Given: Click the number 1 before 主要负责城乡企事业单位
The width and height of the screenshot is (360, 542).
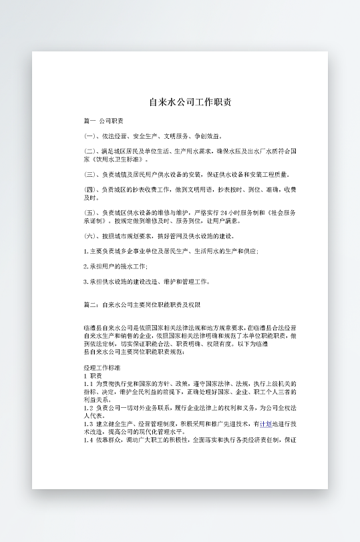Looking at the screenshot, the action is pos(85,251).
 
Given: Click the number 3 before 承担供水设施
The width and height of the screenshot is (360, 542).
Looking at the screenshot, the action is pos(85,282).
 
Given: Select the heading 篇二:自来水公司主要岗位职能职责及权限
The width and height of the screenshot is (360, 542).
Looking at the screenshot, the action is pos(141,304).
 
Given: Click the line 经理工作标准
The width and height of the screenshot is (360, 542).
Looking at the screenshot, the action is pos(102,368).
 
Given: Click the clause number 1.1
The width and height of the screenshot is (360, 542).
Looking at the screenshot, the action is pos(88,384).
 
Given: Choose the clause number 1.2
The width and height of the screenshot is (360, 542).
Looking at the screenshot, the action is pos(88,407).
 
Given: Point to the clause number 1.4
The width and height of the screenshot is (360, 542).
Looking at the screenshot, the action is pos(88,440).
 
